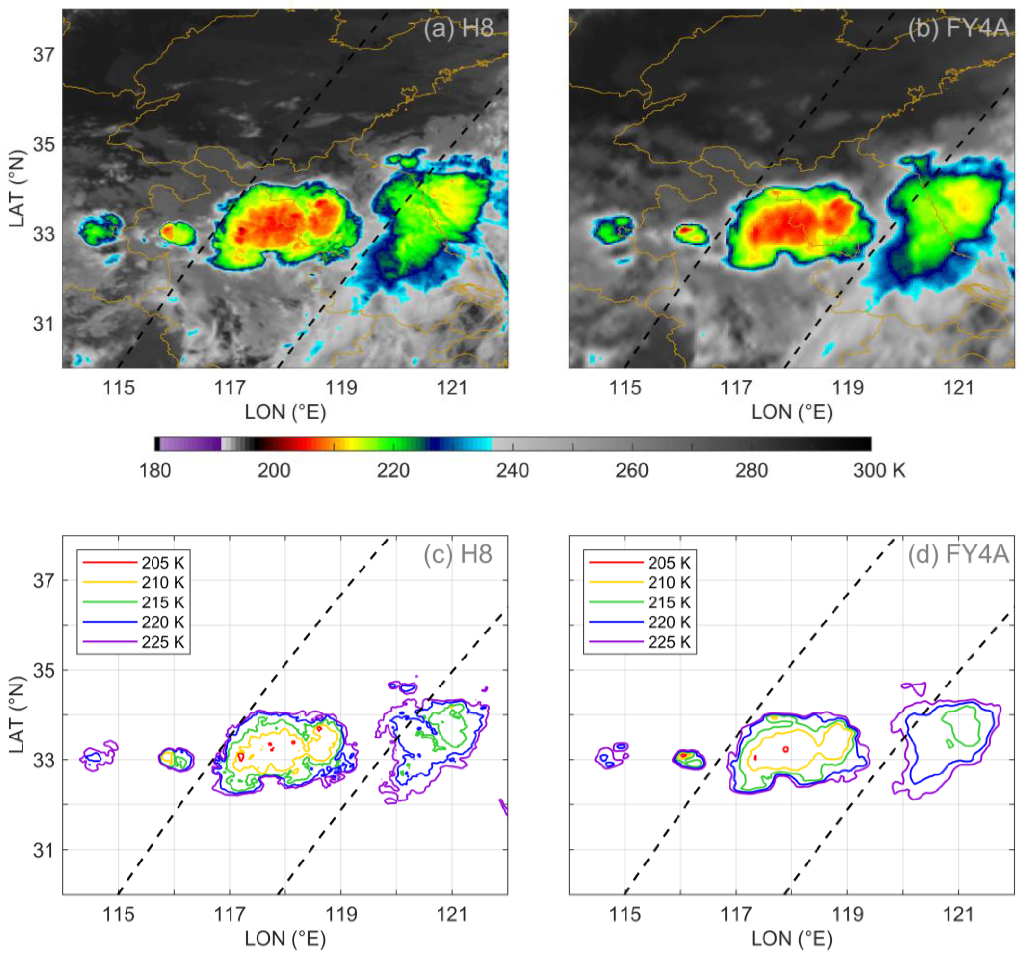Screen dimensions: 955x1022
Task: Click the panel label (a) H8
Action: tap(458, 28)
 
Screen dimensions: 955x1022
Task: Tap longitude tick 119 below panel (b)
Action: tap(847, 387)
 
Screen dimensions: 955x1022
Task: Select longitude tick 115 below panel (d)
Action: tap(625, 915)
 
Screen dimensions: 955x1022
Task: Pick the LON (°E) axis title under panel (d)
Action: tap(792, 939)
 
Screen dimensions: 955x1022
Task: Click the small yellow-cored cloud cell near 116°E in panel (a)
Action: tap(176, 233)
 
